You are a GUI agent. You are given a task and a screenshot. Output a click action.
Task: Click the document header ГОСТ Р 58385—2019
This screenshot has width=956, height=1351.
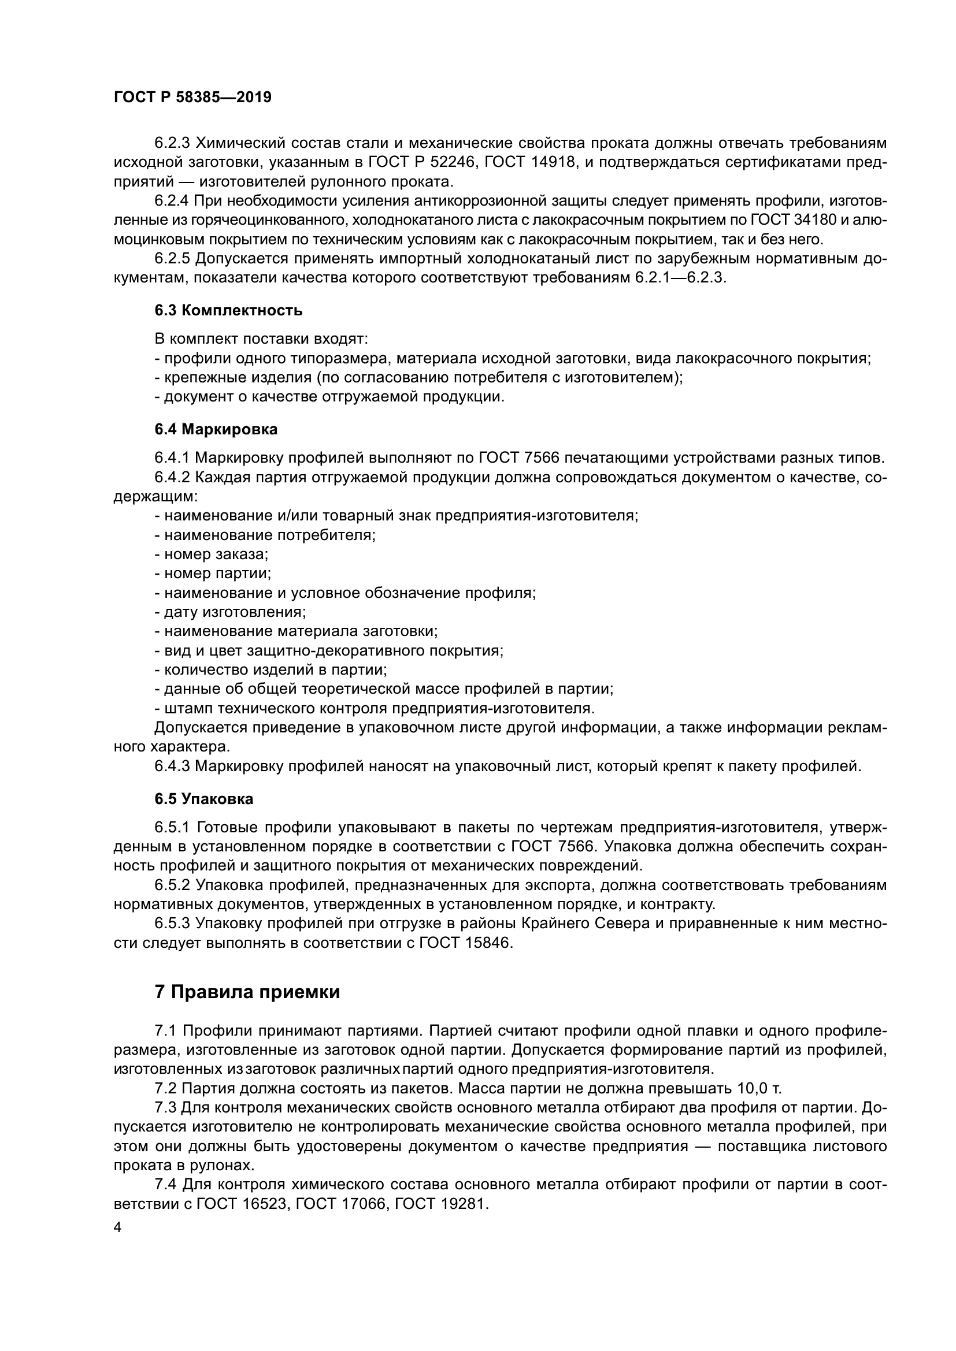192,98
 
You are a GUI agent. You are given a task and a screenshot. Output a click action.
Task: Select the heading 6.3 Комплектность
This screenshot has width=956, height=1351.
228,310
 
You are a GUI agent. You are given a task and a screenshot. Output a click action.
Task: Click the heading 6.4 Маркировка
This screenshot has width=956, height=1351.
216,429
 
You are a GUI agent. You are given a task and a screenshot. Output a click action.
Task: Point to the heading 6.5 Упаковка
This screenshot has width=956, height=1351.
203,798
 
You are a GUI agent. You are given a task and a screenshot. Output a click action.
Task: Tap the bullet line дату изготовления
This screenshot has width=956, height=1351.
230,612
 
